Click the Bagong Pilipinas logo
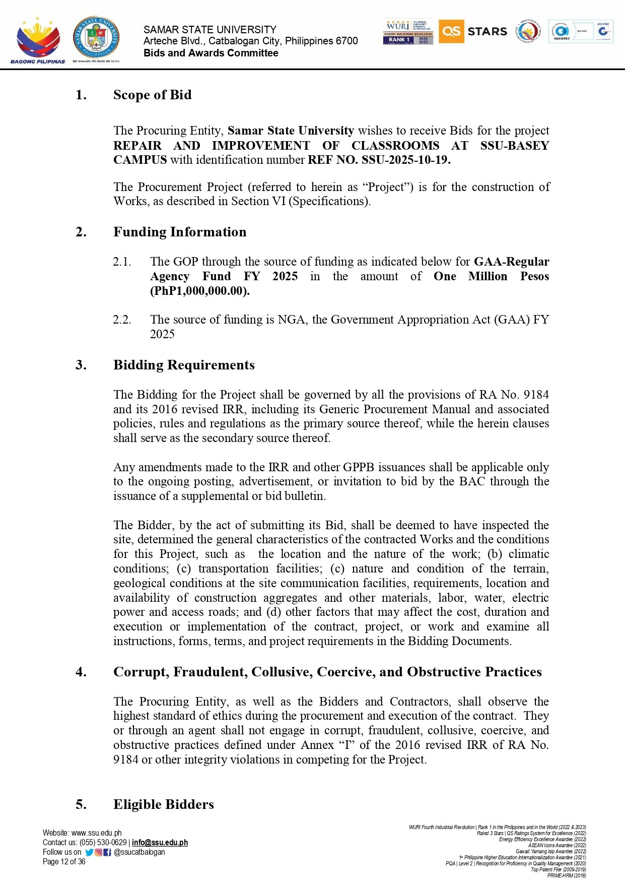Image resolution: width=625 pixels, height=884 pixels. click(38, 40)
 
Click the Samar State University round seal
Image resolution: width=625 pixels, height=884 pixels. click(96, 38)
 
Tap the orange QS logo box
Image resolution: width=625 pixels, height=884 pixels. click(451, 31)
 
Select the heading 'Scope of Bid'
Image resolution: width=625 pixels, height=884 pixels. click(152, 95)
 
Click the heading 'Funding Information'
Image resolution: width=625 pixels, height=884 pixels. click(180, 232)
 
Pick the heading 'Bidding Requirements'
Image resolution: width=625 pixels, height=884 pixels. click(184, 365)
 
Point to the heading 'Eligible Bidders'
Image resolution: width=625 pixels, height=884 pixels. click(163, 804)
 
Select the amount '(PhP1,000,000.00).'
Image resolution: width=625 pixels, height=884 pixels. click(199, 291)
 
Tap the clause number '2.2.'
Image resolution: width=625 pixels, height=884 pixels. click(122, 320)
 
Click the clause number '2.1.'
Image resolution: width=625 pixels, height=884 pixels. click(122, 262)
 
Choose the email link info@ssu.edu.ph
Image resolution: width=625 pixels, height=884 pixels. click(160, 843)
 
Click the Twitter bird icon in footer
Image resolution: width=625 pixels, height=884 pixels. click(89, 852)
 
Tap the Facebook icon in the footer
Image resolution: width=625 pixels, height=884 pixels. click(107, 852)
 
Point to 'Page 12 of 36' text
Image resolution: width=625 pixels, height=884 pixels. click(64, 862)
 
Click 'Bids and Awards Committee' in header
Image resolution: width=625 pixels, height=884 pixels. click(211, 53)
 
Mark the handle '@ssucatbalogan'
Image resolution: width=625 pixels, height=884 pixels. click(140, 852)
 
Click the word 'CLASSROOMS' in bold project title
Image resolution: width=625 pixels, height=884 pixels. click(395, 146)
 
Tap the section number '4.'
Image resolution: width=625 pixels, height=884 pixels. click(81, 672)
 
